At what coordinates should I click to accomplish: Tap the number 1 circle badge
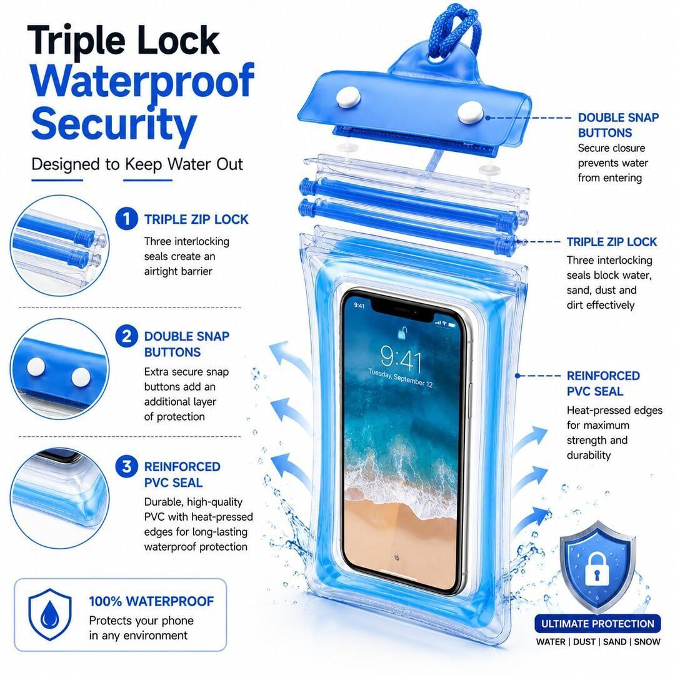pos(126,219)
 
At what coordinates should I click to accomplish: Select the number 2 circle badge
pos(126,336)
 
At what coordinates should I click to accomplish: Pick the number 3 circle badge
pos(126,466)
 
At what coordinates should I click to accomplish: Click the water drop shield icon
pos(50,614)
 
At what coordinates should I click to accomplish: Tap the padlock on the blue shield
pos(597,569)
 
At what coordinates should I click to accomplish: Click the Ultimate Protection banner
pos(597,623)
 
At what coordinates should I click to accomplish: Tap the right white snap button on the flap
pos(470,112)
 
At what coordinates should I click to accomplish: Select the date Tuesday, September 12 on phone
pos(401,377)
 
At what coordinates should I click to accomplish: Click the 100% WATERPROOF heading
pos(151,601)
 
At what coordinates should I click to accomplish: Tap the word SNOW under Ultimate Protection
pos(647,642)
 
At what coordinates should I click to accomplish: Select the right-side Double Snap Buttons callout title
pos(618,125)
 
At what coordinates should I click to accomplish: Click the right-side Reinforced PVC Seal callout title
pos(602,383)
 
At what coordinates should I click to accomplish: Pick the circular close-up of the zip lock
pos(59,246)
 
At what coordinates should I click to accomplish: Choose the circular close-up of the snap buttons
pos(59,369)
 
